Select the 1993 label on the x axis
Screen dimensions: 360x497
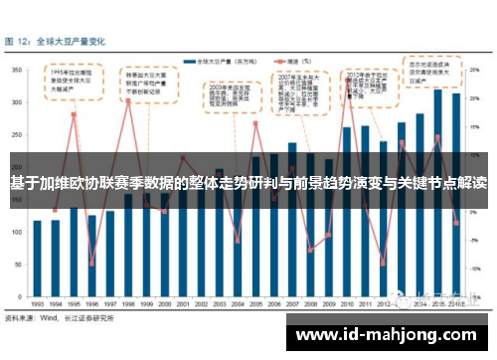pyautogui.click(x=37, y=303)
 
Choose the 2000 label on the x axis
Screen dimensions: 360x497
pyautogui.click(x=163, y=303)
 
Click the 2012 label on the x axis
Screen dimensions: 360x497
pyautogui.click(x=383, y=303)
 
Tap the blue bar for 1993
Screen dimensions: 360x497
pyautogui.click(x=37, y=258)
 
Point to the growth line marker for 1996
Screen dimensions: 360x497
pyautogui.click(x=91, y=263)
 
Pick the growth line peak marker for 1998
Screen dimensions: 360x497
pyautogui.click(x=128, y=100)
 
